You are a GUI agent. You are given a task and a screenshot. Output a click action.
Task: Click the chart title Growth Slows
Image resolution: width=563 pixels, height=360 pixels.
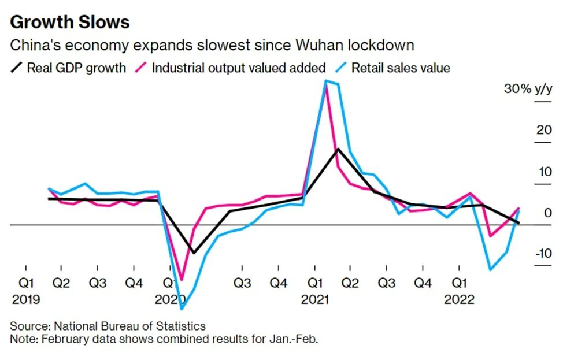70,22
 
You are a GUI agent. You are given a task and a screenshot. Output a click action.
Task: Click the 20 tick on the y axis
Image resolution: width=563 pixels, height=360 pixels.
544,130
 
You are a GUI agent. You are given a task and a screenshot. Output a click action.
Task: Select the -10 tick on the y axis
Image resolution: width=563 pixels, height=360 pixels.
542,254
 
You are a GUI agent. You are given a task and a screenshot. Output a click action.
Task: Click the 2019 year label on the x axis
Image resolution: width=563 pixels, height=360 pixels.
25,300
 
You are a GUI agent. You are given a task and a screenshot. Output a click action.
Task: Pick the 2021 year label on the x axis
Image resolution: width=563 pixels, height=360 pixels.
315,300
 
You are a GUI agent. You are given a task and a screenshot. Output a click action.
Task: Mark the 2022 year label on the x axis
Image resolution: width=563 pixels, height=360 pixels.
460,300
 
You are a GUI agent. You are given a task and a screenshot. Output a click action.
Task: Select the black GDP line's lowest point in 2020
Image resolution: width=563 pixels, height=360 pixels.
194,253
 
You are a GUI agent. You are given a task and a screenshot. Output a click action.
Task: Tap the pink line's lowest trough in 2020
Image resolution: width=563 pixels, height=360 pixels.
182,279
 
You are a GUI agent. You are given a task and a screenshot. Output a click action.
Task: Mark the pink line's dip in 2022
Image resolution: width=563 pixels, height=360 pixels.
491,236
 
